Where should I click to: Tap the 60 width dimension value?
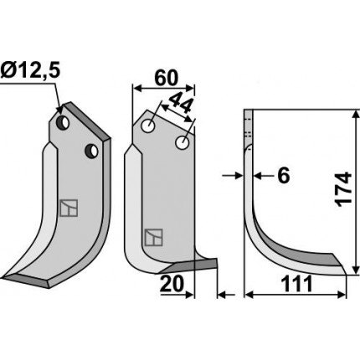click(166, 78)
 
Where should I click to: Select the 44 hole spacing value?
click(181, 103)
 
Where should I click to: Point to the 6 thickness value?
click(284, 176)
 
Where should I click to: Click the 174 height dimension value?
click(344, 190)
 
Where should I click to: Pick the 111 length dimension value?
click(296, 284)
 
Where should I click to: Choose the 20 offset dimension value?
click(172, 284)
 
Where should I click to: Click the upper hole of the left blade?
click(63, 122)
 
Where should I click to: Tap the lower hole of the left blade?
click(92, 151)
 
